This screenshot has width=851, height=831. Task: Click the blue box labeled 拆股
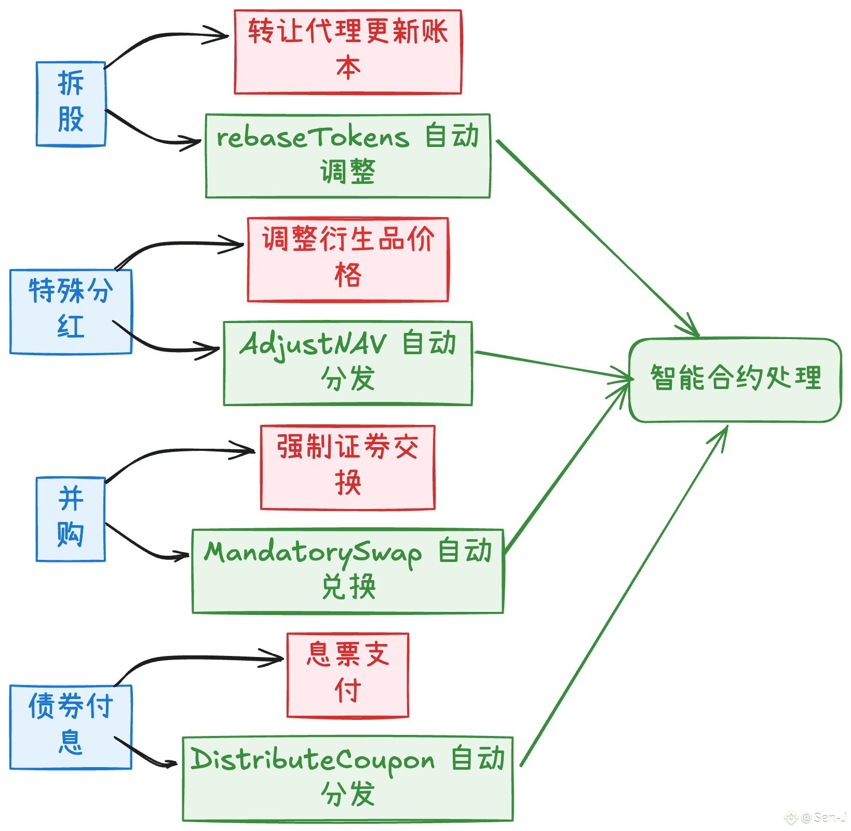click(71, 104)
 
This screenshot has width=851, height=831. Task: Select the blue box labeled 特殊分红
click(71, 312)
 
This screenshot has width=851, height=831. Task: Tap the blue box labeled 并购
click(71, 519)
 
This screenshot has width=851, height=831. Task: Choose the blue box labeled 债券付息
click(71, 727)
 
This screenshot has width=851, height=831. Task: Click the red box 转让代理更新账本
click(348, 52)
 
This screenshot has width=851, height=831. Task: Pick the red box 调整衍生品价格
click(348, 260)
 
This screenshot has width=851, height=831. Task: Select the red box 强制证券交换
click(348, 467)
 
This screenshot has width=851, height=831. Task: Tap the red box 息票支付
click(348, 675)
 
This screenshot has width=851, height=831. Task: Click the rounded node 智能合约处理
click(735, 380)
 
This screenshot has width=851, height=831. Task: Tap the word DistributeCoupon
click(312, 760)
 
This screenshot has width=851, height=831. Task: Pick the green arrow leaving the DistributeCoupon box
click(623, 597)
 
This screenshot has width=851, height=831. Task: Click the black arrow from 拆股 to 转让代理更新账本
click(156, 37)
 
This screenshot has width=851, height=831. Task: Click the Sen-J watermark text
click(829, 817)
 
